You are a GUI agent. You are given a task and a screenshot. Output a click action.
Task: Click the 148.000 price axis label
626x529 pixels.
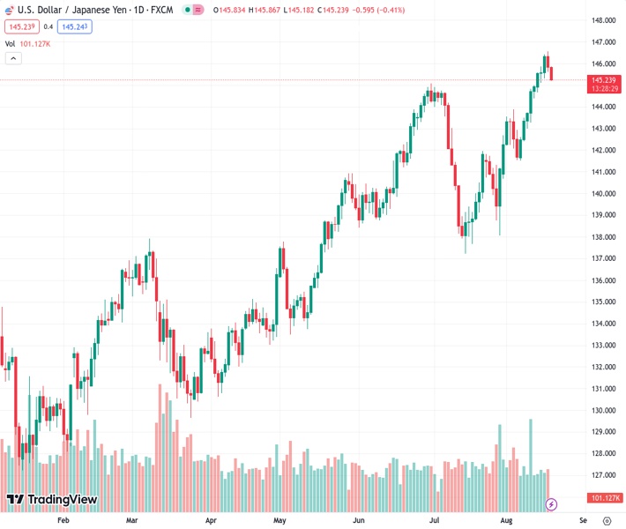tap(603, 20)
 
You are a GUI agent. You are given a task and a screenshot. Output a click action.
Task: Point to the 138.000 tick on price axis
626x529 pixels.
tap(603, 237)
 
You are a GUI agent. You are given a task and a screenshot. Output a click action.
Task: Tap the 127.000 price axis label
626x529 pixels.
tap(603, 475)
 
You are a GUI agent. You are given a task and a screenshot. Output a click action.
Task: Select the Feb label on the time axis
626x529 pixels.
tap(63, 521)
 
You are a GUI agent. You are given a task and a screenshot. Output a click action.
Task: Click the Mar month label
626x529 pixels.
tap(132, 521)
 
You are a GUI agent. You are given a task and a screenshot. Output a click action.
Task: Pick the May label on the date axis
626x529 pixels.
tap(279, 521)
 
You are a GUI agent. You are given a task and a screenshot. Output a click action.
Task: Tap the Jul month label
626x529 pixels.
tap(435, 521)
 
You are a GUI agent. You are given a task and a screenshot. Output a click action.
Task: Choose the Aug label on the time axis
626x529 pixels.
tap(506, 521)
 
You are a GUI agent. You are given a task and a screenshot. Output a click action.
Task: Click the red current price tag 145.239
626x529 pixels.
tap(603, 79)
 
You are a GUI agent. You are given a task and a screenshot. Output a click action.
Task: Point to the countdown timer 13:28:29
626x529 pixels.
tap(603, 88)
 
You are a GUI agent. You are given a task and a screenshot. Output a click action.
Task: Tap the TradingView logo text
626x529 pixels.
tap(62, 500)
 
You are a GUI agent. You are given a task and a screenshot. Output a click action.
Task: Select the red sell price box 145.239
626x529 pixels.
tap(21, 26)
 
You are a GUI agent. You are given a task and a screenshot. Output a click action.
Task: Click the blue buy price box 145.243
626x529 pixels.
tap(75, 26)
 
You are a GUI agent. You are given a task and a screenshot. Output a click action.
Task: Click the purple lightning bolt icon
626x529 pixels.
tap(552, 504)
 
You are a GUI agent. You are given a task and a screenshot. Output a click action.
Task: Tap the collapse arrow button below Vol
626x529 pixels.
tap(13, 58)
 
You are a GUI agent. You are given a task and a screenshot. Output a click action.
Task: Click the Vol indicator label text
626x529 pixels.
tap(11, 43)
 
